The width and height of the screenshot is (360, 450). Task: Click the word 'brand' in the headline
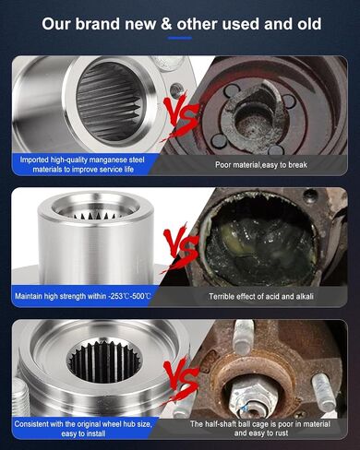tap(98, 24)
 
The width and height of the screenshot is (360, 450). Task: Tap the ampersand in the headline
tap(166, 24)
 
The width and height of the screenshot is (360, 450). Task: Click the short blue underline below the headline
tap(180, 38)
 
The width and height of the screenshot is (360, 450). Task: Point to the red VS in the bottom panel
tap(181, 380)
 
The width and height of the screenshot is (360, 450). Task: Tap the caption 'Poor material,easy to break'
tap(261, 165)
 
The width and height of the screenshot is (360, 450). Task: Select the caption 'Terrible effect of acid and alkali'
tap(261, 297)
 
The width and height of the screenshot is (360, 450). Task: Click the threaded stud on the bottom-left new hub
tap(21, 398)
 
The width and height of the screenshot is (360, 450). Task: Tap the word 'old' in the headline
tap(309, 24)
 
